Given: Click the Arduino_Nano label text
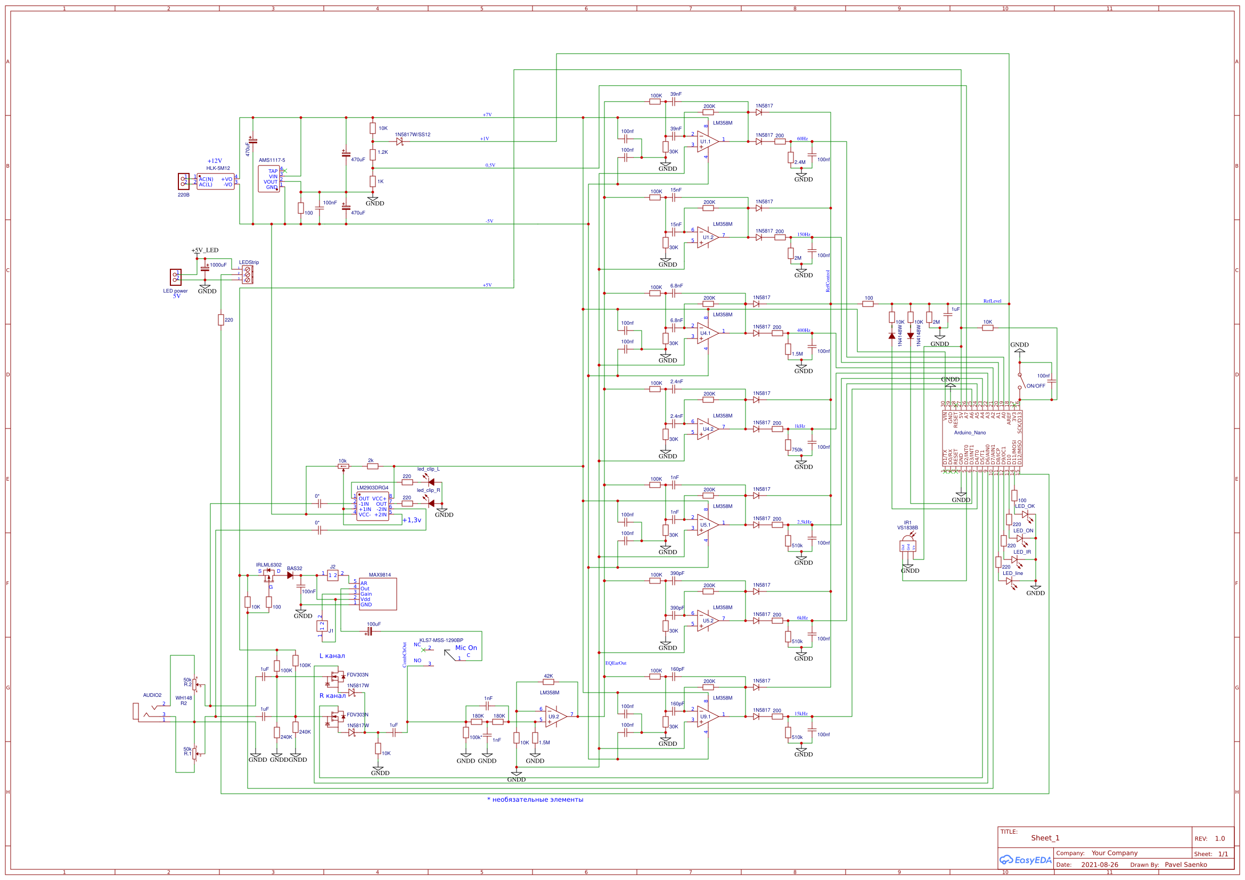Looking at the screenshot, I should pyautogui.click(x=970, y=433).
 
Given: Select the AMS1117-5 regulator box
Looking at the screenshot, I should pyautogui.click(x=269, y=178).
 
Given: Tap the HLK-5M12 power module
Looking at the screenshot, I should pyautogui.click(x=215, y=182).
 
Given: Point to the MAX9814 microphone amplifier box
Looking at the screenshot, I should pyautogui.click(x=378, y=594).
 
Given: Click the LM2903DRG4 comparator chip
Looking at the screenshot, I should pyautogui.click(x=373, y=506).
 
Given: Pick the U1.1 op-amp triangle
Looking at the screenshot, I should pyautogui.click(x=707, y=142).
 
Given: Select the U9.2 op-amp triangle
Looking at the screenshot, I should pyautogui.click(x=555, y=716).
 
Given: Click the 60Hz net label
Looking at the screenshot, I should pyautogui.click(x=802, y=139).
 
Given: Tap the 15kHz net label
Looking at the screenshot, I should pyautogui.click(x=801, y=713).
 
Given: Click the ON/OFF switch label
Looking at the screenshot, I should pyautogui.click(x=1035, y=386).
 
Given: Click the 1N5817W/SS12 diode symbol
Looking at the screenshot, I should pyautogui.click(x=399, y=142).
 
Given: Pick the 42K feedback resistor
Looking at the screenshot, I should pyautogui.click(x=548, y=682).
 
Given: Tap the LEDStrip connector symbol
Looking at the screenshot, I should pyautogui.click(x=247, y=274).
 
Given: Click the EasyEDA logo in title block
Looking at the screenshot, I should pyautogui.click(x=1025, y=860).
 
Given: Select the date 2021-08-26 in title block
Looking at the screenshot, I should pyautogui.click(x=1099, y=865).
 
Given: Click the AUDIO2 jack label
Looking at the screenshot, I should pyautogui.click(x=152, y=695).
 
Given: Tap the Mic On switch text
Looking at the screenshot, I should pyautogui.click(x=466, y=648).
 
